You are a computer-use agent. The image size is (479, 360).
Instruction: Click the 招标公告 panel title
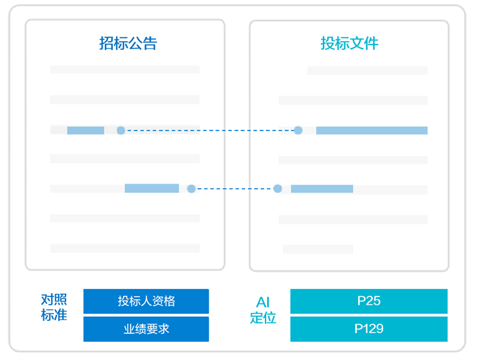point(128,44)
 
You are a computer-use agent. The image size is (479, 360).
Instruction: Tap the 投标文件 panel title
point(349,44)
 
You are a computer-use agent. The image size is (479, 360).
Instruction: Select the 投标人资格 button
point(146,301)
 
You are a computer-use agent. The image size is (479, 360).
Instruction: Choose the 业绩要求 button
point(146,330)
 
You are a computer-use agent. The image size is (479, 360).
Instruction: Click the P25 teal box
point(368,301)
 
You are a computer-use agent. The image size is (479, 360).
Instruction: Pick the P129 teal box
point(368,330)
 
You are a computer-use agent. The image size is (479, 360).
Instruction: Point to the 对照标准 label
point(54,307)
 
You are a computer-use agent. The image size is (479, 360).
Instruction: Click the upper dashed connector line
point(209,130)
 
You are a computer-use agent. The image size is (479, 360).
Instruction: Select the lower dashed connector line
point(234,188)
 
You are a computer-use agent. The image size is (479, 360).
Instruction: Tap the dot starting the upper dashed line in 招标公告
point(121,130)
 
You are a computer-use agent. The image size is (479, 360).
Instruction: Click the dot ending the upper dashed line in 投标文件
point(298,130)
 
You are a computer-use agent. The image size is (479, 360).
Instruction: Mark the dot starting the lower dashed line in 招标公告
point(191,188)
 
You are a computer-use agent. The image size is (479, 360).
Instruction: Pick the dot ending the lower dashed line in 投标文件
point(278,188)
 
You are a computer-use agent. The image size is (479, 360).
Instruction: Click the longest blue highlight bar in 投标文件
point(372,130)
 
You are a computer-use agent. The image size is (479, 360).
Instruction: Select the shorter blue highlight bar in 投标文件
point(322,189)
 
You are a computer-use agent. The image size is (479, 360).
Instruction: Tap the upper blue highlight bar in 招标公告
point(85,130)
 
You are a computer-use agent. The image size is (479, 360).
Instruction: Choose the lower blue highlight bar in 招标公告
point(151,188)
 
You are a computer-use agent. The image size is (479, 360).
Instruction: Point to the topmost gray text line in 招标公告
point(125,70)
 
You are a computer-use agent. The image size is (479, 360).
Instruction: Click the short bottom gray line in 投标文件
point(318,249)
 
